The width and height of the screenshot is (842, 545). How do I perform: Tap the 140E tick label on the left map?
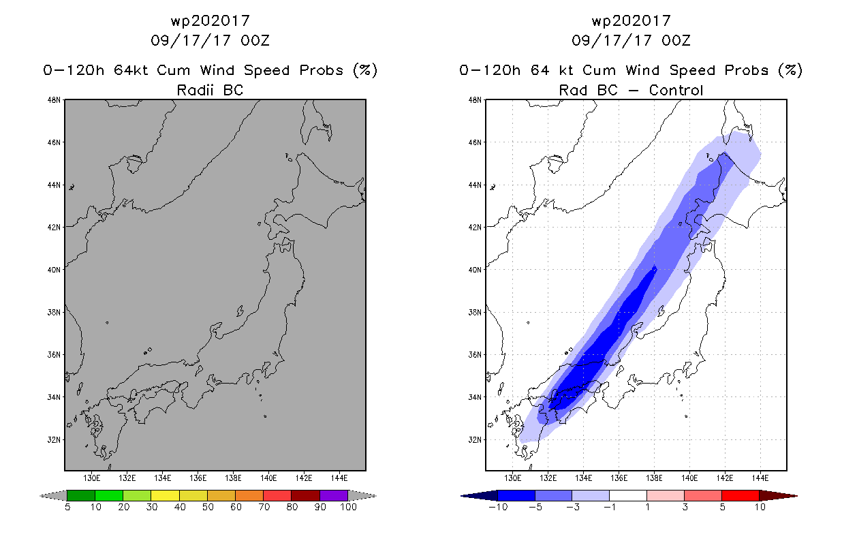pyautogui.click(x=268, y=478)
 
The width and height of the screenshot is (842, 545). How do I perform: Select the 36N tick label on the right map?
pyautogui.click(x=474, y=355)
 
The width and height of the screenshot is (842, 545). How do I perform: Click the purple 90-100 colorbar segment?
pyautogui.click(x=334, y=495)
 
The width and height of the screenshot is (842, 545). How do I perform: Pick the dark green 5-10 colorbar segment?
pyautogui.click(x=81, y=495)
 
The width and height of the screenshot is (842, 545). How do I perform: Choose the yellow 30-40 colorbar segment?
pyautogui.click(x=165, y=495)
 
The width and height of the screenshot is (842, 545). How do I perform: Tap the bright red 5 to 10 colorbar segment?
pyautogui.click(x=740, y=495)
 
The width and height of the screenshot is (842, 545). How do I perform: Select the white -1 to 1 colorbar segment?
pyautogui.click(x=628, y=495)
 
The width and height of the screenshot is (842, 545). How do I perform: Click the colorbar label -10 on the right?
pyautogui.click(x=498, y=508)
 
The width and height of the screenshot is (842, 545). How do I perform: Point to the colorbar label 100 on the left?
pyautogui.click(x=349, y=508)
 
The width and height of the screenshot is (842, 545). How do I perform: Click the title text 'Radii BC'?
pyautogui.click(x=210, y=90)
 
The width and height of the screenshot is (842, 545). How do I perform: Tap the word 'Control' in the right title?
pyautogui.click(x=676, y=90)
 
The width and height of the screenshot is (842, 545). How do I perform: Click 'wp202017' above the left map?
pyautogui.click(x=210, y=21)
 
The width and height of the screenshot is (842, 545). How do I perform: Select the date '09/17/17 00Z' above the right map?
pyautogui.click(x=631, y=41)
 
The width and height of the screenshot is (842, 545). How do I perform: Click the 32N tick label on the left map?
pyautogui.click(x=53, y=440)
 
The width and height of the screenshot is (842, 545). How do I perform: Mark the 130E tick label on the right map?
pyautogui.click(x=512, y=478)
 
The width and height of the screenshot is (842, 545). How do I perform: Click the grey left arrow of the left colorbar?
pyautogui.click(x=53, y=495)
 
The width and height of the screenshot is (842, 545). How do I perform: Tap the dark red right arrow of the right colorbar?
pyautogui.click(x=778, y=495)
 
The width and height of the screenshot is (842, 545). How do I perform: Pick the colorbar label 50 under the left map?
pyautogui.click(x=208, y=508)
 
